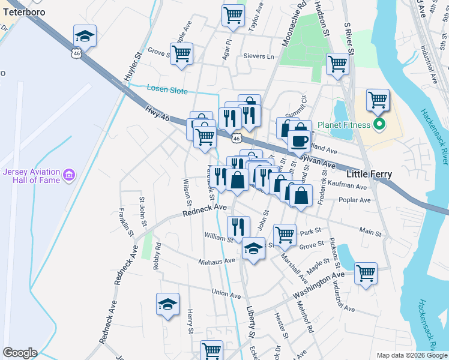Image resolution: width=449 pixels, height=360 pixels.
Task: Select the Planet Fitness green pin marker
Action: (x=379, y=125)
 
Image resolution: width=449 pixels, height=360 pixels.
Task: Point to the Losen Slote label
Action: (x=167, y=91)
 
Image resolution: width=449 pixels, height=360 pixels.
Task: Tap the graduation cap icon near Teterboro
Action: (x=85, y=37)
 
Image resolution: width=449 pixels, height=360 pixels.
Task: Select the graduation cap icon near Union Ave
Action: (x=167, y=304)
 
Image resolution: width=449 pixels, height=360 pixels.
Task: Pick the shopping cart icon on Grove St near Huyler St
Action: (x=181, y=53)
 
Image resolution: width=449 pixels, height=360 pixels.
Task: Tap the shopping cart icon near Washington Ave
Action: (x=365, y=274)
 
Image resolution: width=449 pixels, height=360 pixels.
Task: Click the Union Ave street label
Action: (x=226, y=295)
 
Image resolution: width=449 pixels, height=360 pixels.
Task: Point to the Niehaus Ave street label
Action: (x=218, y=261)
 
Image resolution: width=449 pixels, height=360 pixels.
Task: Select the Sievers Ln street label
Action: (x=258, y=56)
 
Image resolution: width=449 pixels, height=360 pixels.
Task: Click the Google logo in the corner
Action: (x=20, y=353)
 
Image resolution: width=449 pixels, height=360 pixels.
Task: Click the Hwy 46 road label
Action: (x=157, y=113)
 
